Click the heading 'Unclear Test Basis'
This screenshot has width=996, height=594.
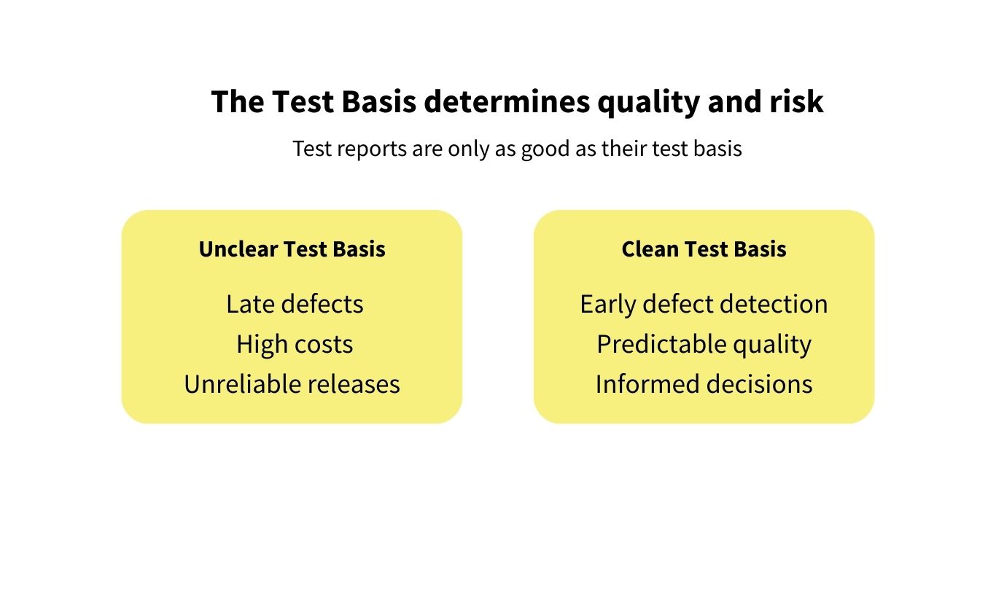pyautogui.click(x=292, y=249)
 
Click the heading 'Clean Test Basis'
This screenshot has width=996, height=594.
pyautogui.click(x=704, y=249)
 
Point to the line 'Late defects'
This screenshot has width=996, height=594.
pyautogui.click(x=295, y=304)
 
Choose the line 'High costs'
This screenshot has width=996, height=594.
pyautogui.click(x=295, y=344)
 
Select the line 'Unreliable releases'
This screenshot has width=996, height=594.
pyautogui.click(x=292, y=384)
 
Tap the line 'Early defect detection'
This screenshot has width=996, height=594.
pyautogui.click(x=704, y=304)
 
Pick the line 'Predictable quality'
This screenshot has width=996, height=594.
pyautogui.click(x=704, y=344)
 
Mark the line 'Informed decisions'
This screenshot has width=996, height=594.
pyautogui.click(x=704, y=384)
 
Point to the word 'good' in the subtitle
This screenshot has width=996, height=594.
pyautogui.click(x=537, y=149)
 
